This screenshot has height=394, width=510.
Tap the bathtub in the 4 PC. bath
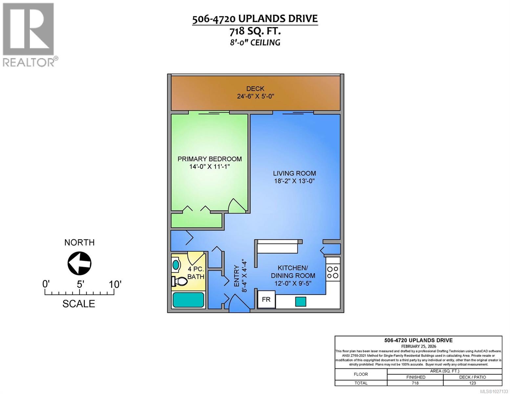click(188, 300)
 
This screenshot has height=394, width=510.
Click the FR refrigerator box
click(266, 299)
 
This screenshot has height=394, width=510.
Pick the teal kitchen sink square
click(300, 301)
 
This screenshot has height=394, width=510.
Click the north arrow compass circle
click(79, 263)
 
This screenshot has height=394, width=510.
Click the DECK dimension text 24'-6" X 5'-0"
click(255, 97)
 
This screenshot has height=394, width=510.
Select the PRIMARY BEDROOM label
click(210, 159)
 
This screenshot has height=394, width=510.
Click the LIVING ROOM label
click(295, 173)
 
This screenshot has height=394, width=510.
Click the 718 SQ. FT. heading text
click(255, 31)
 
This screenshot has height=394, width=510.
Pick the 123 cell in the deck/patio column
click(472, 383)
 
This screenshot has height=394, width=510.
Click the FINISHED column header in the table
click(415, 377)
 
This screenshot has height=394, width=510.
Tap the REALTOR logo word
click(29, 62)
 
